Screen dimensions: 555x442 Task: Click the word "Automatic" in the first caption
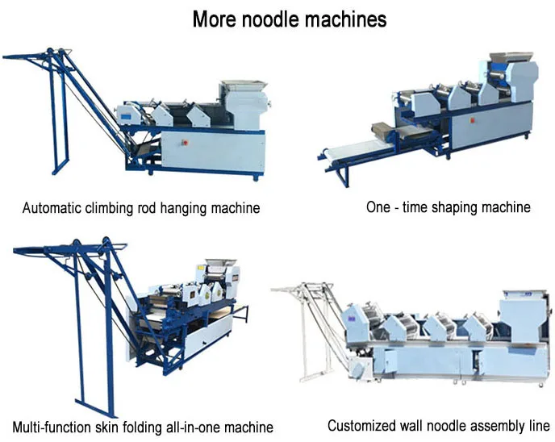click(x=52, y=208)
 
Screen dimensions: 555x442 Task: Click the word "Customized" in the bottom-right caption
click(x=361, y=425)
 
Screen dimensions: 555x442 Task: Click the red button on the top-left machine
click(x=185, y=143)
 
